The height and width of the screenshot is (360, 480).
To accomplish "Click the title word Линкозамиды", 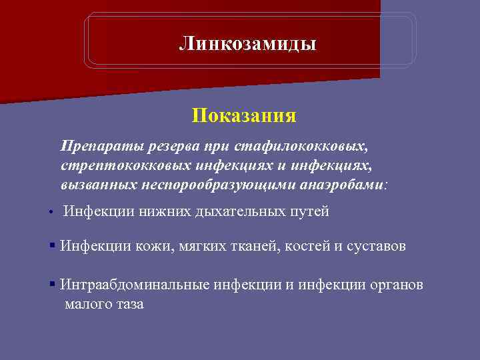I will coord(248,44).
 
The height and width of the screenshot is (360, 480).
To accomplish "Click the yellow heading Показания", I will coord(244,116).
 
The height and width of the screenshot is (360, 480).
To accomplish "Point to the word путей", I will coord(308,212).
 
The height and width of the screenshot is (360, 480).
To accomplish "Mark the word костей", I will coord(307,247).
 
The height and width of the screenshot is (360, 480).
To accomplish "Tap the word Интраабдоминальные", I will coord(135,285).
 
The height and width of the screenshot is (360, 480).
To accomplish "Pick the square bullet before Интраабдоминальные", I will coord(51,285).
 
